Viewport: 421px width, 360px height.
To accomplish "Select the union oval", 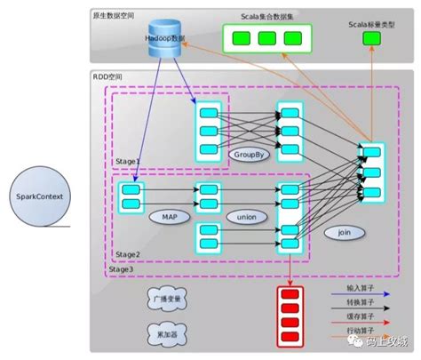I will pyautogui.click(x=241, y=216).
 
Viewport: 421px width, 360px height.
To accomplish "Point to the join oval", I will pyautogui.click(x=345, y=232).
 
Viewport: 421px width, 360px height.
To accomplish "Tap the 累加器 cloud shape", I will pyautogui.click(x=161, y=333).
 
